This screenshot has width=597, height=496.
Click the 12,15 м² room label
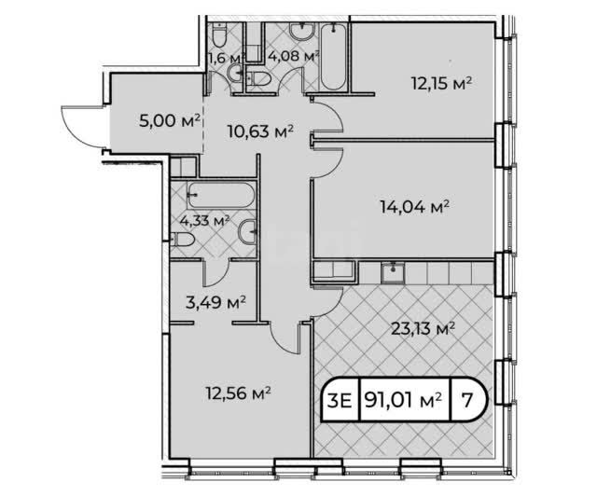[441, 83]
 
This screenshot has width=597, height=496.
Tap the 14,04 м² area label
[414, 207]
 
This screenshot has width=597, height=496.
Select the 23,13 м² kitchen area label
[423, 328]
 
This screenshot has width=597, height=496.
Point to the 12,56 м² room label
[239, 393]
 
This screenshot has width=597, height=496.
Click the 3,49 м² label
[215, 303]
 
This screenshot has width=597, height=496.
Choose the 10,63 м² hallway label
[260, 131]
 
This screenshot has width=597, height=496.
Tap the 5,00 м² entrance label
[170, 121]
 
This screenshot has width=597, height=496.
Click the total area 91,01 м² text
[404, 400]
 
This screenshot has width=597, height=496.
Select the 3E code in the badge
[340, 401]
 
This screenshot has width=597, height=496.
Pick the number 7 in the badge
[466, 400]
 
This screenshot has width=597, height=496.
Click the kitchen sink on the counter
[393, 273]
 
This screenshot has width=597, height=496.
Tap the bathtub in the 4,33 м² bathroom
[221, 195]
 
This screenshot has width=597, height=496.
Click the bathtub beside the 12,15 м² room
[333, 58]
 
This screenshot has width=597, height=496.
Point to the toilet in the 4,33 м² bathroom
[183, 240]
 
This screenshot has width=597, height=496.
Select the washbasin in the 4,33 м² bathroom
[249, 230]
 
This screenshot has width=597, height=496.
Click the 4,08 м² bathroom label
[293, 57]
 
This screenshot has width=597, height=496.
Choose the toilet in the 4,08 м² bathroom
[258, 79]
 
